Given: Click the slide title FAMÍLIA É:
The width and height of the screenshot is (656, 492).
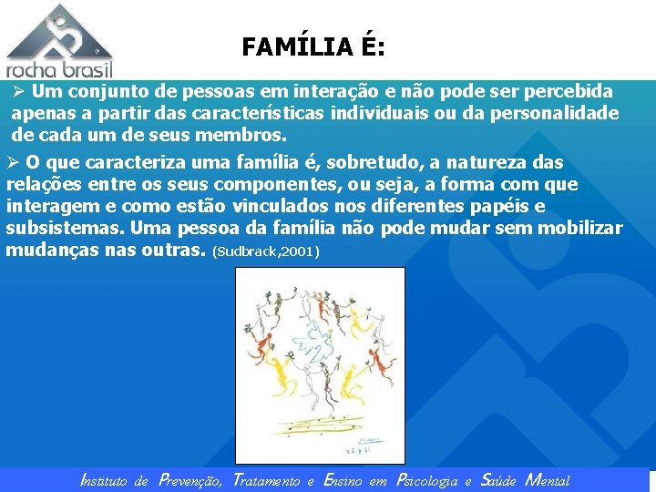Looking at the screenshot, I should click(x=313, y=46).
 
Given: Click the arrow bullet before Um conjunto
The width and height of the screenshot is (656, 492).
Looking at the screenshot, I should click(x=17, y=92).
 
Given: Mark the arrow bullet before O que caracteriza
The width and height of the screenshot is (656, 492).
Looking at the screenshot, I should click(x=13, y=163).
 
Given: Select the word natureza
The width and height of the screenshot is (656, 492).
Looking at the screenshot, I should click(x=470, y=163).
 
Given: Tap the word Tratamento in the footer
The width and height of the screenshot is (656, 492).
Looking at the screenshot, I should click(x=266, y=480).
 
